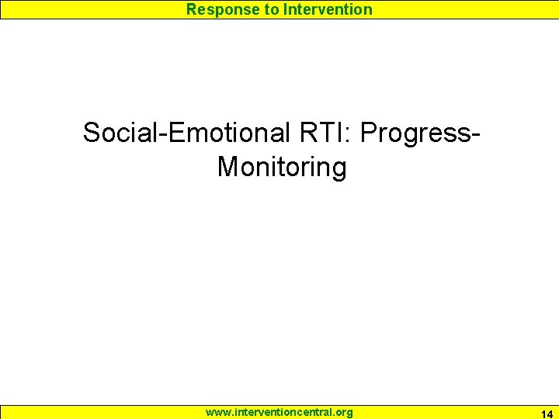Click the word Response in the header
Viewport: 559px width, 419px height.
click(x=219, y=10)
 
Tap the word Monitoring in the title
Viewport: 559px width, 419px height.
click(x=282, y=167)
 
